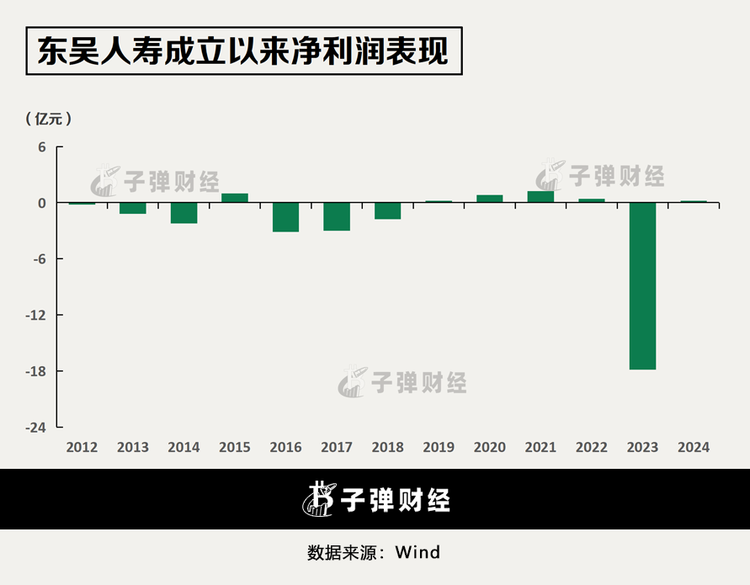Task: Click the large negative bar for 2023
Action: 642,285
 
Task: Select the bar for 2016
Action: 285,217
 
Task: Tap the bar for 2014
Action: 184,213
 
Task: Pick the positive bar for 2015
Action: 235,198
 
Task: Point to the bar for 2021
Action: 540,197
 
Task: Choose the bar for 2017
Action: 337,216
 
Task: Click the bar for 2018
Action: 387,210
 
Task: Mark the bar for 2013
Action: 133,208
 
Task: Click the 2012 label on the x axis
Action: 82,447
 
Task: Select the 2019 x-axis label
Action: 439,447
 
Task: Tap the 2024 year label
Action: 694,447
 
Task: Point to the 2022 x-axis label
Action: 592,447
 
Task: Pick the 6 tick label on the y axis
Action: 40,146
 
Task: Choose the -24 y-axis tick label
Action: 35,428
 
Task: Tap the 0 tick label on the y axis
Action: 40,203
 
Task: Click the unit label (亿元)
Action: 49,119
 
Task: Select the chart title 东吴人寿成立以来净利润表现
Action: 243,52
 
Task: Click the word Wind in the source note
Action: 418,553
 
